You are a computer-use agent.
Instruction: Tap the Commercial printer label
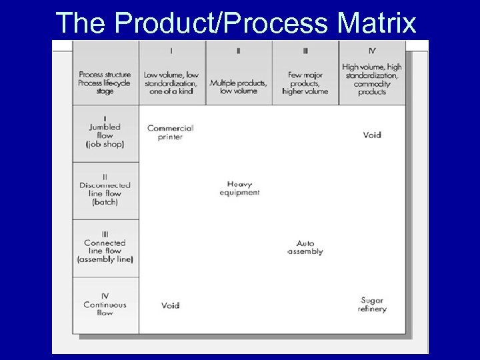[x=170, y=133]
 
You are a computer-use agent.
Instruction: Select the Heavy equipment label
[x=239, y=189]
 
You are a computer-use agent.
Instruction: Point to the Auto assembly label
[x=305, y=248]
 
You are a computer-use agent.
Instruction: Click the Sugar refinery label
[x=372, y=305]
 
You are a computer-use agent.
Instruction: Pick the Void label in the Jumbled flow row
[x=372, y=135]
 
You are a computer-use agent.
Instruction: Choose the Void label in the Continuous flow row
[x=171, y=306]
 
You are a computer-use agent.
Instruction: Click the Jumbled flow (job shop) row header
[x=105, y=133]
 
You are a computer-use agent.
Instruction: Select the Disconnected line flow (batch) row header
[x=105, y=190]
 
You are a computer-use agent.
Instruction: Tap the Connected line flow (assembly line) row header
[x=105, y=247]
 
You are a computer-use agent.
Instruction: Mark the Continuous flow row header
[x=105, y=305]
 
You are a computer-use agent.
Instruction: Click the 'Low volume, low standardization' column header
[x=171, y=83]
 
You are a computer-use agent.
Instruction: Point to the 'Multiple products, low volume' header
[x=239, y=87]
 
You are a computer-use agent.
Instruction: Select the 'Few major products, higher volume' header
[x=305, y=83]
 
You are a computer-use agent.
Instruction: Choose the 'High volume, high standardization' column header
[x=372, y=79]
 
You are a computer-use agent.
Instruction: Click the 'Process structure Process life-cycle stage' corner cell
[x=105, y=83]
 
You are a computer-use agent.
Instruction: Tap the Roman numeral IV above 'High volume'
[x=372, y=50]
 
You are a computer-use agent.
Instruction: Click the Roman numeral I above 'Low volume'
[x=171, y=50]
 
